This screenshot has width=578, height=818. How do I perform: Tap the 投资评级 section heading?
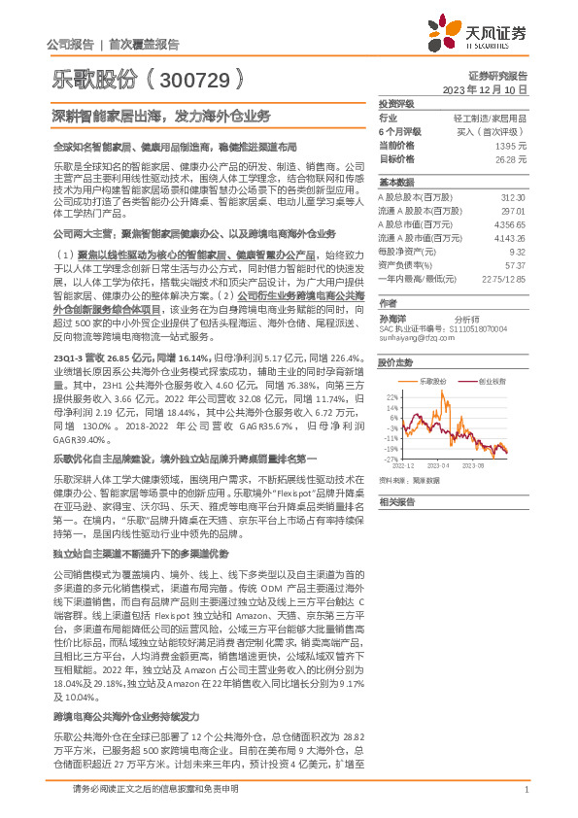tap(395, 103)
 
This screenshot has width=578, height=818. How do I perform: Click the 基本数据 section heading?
tap(395, 182)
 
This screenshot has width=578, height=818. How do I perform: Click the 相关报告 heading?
tap(395, 501)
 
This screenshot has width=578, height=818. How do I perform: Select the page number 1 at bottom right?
tap(526, 790)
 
